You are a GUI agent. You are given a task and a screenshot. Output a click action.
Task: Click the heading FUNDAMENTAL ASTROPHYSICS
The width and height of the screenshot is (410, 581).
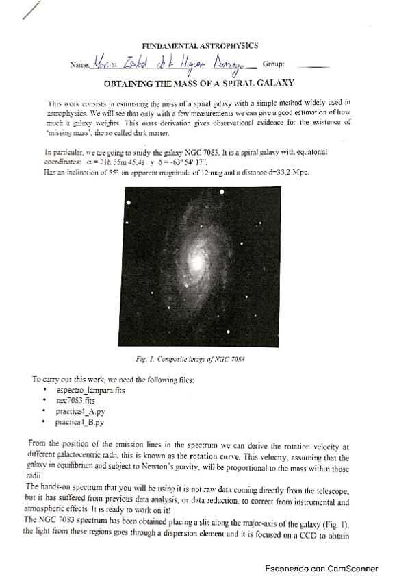[205, 45]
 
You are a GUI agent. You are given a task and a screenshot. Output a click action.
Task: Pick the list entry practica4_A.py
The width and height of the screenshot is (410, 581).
[81, 412]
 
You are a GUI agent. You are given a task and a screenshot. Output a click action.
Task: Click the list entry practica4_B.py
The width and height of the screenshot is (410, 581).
[80, 423]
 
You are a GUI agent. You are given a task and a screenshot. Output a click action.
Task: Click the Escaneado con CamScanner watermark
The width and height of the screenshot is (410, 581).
[322, 567]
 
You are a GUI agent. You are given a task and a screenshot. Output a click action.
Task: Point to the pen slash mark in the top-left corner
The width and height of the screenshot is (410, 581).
[31, 12]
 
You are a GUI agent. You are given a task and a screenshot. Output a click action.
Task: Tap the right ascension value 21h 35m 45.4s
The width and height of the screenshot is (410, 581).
[106, 162]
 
